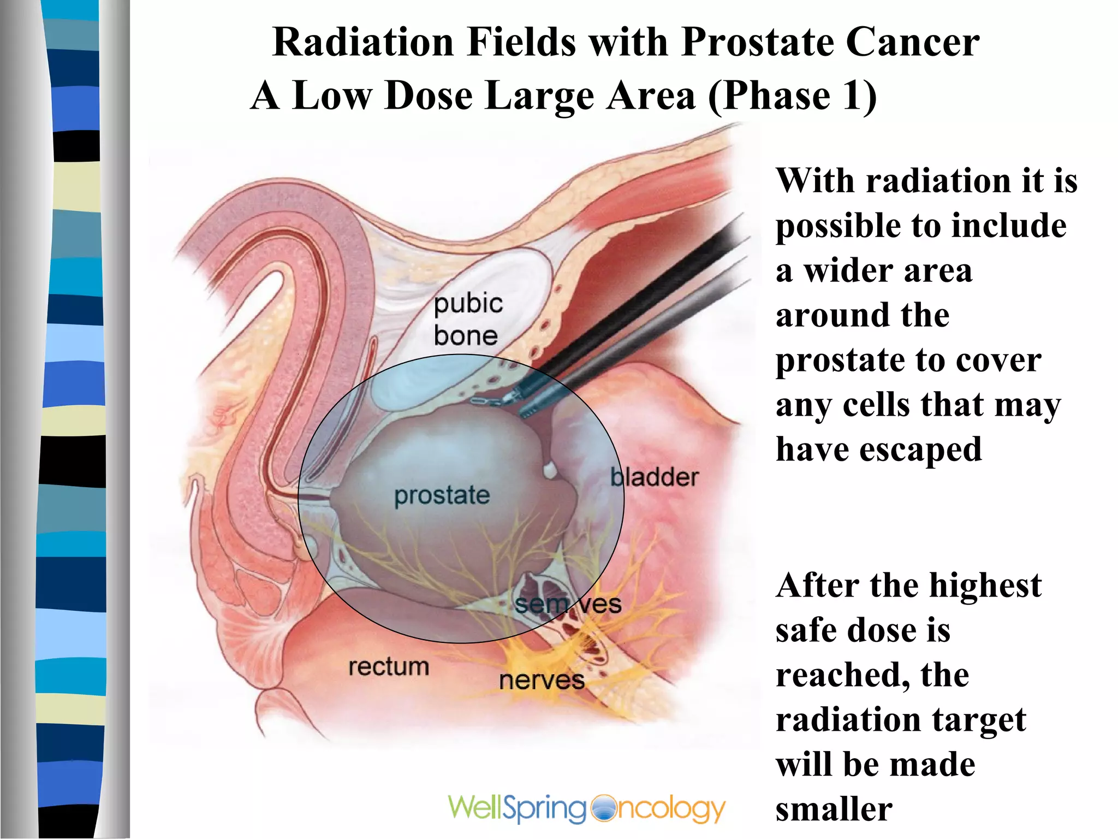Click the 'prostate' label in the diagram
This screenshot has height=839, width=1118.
tap(442, 495)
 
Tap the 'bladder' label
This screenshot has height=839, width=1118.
tap(654, 477)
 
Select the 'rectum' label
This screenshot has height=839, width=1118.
tap(389, 667)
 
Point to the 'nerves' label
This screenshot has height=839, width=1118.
tap(542, 681)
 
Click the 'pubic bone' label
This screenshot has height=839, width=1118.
tap(467, 320)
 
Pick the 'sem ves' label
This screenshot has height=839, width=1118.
tap(568, 604)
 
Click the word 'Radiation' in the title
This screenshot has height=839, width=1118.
tap(363, 42)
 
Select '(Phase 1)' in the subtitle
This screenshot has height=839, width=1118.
tap(792, 96)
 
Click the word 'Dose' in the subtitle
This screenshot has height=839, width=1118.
tap(428, 96)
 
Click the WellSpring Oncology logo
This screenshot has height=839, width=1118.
tap(586, 808)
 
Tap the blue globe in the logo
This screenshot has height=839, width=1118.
tap(602, 809)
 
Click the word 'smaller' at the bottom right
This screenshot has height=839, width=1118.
tap(834, 809)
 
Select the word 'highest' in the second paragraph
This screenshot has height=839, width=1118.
tap(985, 586)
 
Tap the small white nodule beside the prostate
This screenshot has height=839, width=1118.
tap(550, 470)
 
